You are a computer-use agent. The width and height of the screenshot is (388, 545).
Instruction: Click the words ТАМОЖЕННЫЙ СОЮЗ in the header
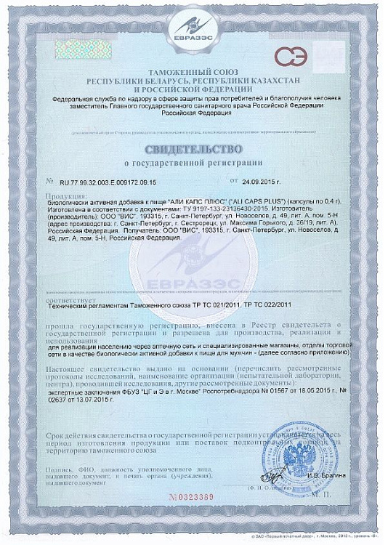pos(194,73)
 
